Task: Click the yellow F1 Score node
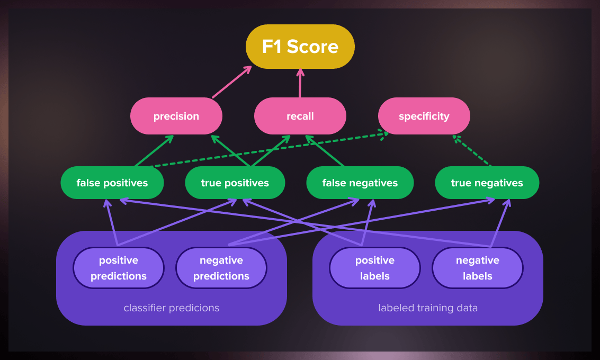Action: tap(300, 47)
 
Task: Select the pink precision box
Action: tap(176, 116)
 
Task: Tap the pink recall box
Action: tap(300, 116)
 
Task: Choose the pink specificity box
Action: tap(424, 116)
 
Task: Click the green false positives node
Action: tap(112, 183)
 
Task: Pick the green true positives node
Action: tap(235, 183)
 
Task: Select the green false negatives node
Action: tap(360, 183)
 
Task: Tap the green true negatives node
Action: tap(487, 183)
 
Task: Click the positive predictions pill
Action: tap(118, 268)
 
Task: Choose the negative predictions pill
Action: tap(221, 268)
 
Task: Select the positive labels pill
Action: tap(374, 268)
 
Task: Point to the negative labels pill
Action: tap(477, 268)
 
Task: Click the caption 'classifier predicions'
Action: tap(171, 308)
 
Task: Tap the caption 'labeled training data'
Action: tap(427, 308)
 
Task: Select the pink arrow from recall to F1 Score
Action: tap(300, 83)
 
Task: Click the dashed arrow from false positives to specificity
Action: tap(265, 150)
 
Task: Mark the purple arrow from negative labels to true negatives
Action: tap(500, 223)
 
